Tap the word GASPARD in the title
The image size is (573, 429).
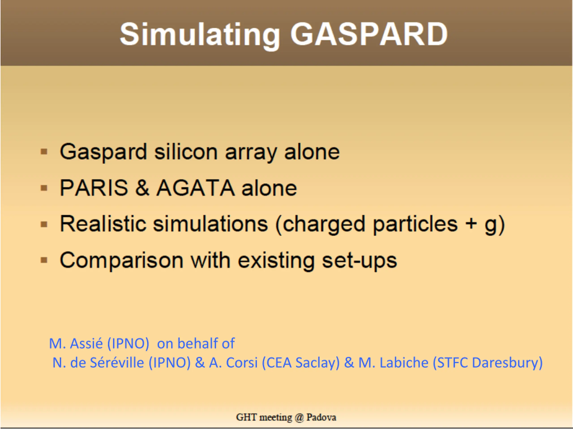(369, 34)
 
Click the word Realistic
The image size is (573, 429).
(103, 224)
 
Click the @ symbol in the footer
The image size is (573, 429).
(299, 417)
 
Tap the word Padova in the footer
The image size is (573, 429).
(321, 417)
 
